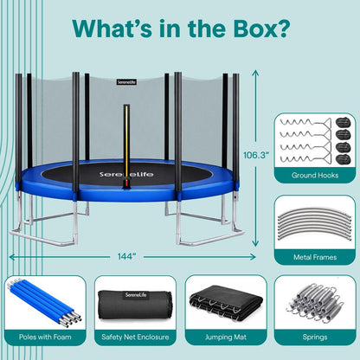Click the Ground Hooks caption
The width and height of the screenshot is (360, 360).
tap(313, 177)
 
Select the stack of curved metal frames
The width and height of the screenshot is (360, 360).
tap(313, 221)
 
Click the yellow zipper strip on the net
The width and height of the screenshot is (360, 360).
tap(128, 138)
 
